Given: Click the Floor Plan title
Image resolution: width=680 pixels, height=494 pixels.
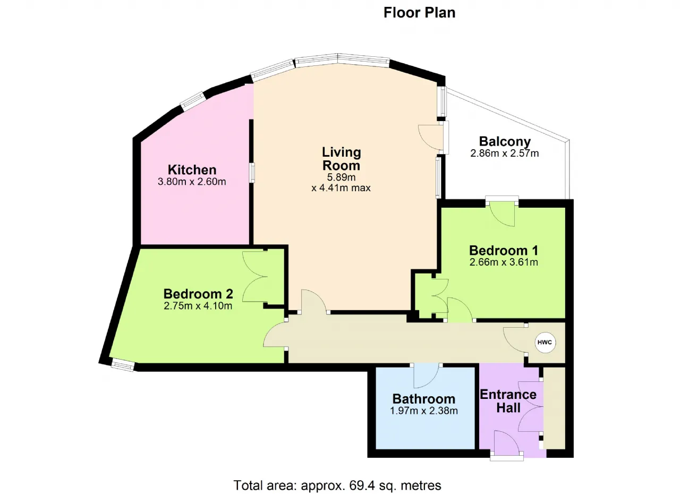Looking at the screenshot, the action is click(x=419, y=13).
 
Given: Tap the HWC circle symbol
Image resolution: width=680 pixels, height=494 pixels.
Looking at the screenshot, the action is click(x=545, y=343).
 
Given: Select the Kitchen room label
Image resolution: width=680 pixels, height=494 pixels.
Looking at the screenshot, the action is click(x=192, y=169).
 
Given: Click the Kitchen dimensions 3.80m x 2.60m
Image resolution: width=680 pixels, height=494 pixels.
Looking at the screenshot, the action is click(x=192, y=182).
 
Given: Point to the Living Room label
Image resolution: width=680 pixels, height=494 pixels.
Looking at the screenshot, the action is click(x=341, y=159).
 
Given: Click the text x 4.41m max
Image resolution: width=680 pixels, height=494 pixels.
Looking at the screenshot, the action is click(x=341, y=188).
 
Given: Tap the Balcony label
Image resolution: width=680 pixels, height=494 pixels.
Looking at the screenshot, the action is click(x=505, y=141).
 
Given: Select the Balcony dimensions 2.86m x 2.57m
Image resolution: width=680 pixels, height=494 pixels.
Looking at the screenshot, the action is click(x=505, y=153).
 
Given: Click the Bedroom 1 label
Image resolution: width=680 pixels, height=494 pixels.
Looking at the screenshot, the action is click(x=504, y=251).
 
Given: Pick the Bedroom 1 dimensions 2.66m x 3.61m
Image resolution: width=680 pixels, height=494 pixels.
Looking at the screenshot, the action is click(x=504, y=262).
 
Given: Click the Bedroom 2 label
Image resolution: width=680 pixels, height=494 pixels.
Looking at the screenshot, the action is click(x=198, y=294).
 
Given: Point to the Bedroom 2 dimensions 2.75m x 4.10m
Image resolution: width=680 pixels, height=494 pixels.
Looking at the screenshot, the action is click(x=198, y=306).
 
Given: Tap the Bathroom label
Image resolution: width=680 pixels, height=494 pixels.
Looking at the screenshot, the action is click(x=424, y=399).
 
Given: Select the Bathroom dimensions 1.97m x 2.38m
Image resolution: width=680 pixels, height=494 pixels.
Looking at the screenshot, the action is click(x=424, y=411).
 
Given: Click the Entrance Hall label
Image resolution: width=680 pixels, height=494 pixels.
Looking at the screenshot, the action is click(x=508, y=401).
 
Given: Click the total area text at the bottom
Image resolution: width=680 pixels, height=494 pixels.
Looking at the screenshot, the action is click(x=337, y=485).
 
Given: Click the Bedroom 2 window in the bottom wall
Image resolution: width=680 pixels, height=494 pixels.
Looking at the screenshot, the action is click(x=122, y=365).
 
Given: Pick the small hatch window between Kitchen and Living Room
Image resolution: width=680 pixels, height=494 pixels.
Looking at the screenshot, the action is click(x=252, y=173).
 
